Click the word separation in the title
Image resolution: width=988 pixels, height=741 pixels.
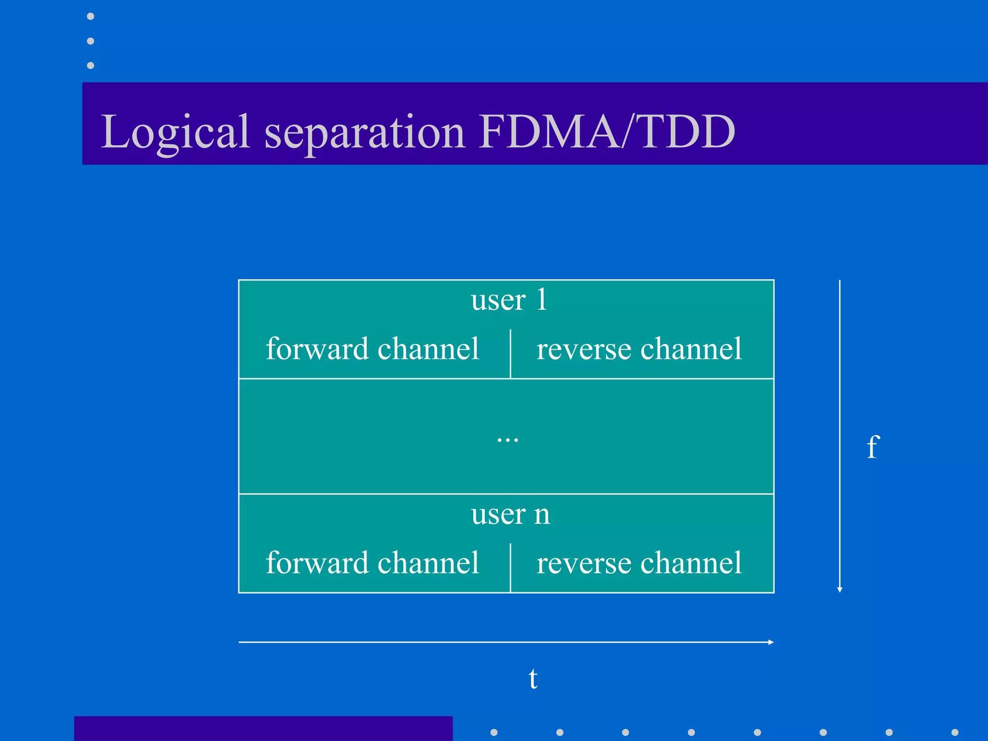pos(365,132)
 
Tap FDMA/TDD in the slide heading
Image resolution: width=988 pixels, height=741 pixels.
pos(607,131)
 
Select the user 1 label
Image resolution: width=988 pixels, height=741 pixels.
pos(508,300)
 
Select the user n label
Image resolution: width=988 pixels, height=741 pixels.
pos(510,514)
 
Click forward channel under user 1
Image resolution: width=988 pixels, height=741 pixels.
pos(372,349)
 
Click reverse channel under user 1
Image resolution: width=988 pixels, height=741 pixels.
pos(639,349)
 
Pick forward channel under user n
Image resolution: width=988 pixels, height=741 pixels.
pos(372,563)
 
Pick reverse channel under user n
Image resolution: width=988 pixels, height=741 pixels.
pos(639,563)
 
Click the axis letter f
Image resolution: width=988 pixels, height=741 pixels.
pos(873,447)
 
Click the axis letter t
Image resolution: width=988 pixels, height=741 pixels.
pos(533,678)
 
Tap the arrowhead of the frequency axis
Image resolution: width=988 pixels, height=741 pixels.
pos(839,590)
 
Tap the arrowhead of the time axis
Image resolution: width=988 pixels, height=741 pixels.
pos(771,642)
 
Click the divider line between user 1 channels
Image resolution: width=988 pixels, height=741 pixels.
pos(510,354)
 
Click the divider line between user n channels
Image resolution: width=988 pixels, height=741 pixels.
pos(510,567)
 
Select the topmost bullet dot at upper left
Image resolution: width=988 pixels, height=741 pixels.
pos(90,16)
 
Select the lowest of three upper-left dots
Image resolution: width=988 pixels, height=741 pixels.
pos(90,65)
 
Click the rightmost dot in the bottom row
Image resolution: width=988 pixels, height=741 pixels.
pos(955,732)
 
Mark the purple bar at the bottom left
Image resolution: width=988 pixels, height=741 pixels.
pos(263,728)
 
